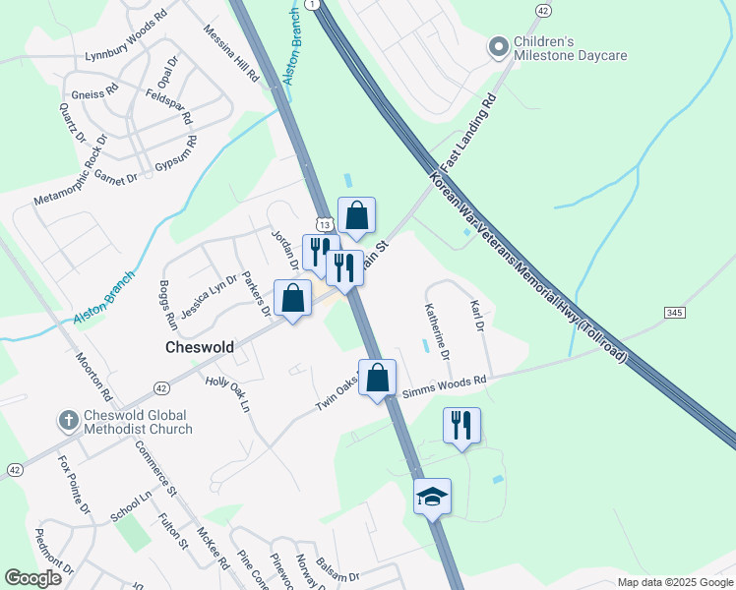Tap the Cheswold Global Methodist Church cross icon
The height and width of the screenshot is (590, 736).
(x=68, y=421)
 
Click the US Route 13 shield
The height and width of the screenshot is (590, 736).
(x=325, y=224)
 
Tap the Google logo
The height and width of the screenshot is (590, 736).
(x=33, y=578)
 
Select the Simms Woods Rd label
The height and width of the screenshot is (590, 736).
(x=444, y=385)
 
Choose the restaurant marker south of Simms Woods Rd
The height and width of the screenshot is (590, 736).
(x=461, y=426)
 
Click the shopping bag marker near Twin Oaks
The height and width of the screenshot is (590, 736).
(x=377, y=378)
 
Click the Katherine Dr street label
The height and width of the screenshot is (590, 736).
(x=437, y=329)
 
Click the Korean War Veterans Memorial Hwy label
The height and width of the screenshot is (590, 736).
(x=526, y=266)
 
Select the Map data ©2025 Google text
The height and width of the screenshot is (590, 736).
(x=674, y=582)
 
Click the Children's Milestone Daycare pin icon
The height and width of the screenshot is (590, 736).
(x=499, y=46)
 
